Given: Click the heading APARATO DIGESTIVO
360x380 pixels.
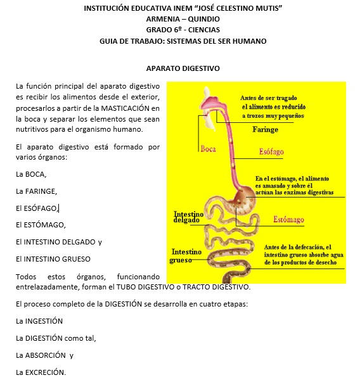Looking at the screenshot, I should tap(182, 68).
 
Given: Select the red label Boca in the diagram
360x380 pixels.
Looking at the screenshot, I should tap(209, 149).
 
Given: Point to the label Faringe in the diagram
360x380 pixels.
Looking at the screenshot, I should tap(265, 129).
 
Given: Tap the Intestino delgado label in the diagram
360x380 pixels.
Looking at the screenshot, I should tap(188, 217).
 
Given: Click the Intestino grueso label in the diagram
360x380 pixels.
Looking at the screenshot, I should tap(186, 256).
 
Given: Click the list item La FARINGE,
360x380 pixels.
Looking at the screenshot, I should tap(36, 191).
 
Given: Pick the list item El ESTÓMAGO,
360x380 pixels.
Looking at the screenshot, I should tap(41, 224).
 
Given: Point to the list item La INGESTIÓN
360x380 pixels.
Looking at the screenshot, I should tap(39, 321).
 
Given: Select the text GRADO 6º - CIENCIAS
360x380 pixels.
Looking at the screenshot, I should tap(182, 30).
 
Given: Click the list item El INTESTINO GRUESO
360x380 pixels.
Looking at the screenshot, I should tap(53, 258).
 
